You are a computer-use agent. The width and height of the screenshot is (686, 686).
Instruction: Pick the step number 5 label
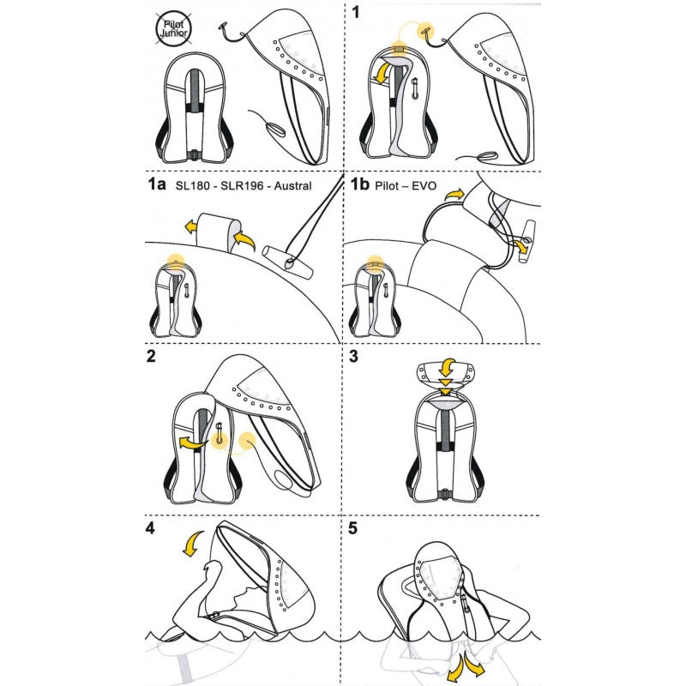[353, 528]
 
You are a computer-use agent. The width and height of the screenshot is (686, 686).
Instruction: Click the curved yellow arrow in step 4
[195, 544]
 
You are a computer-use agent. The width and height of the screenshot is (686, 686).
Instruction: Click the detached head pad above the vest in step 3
[447, 371]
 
